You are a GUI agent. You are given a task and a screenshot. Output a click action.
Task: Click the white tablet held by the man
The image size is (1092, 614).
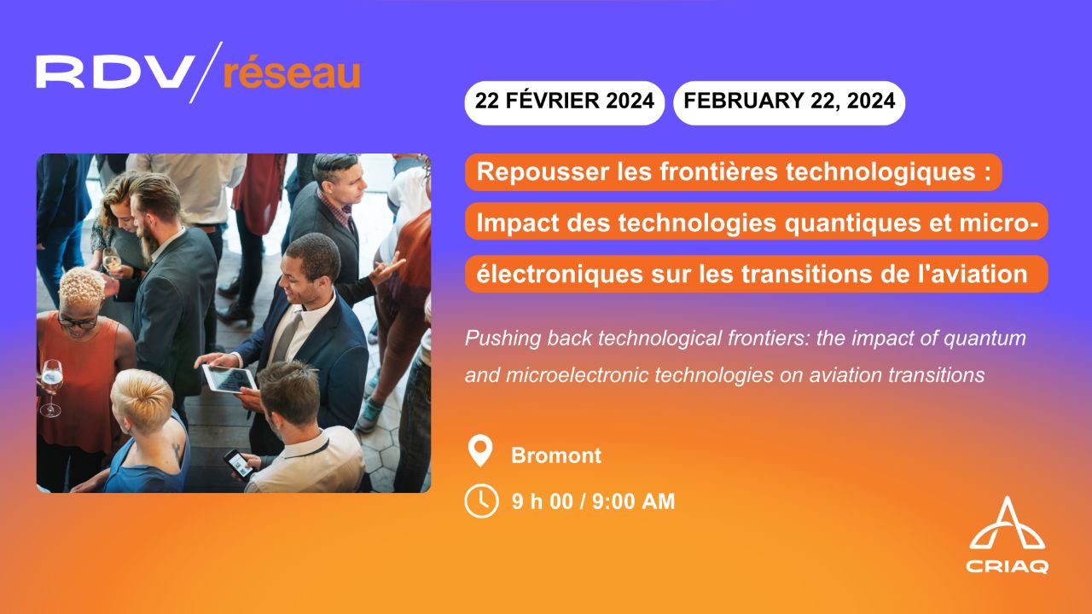(228, 378)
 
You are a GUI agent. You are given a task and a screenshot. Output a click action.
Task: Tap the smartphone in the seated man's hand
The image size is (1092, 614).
(239, 463)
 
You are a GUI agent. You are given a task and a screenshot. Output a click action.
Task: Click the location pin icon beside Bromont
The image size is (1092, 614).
(481, 451)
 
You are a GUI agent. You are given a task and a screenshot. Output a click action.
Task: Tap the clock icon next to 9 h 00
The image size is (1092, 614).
(481, 501)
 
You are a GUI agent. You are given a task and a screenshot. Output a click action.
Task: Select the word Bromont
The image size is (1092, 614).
(556, 455)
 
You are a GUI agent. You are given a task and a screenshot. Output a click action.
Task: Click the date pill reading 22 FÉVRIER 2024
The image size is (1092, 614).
(564, 101)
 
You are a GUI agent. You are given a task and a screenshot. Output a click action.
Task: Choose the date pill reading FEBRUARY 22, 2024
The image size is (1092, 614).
(789, 101)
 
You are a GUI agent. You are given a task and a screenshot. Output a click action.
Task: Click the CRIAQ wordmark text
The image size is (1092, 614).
(1008, 566)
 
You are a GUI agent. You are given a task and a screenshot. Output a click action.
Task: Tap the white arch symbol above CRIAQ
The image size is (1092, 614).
(1008, 524)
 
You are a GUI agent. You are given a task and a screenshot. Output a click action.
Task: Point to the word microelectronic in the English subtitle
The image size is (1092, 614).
(561, 374)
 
